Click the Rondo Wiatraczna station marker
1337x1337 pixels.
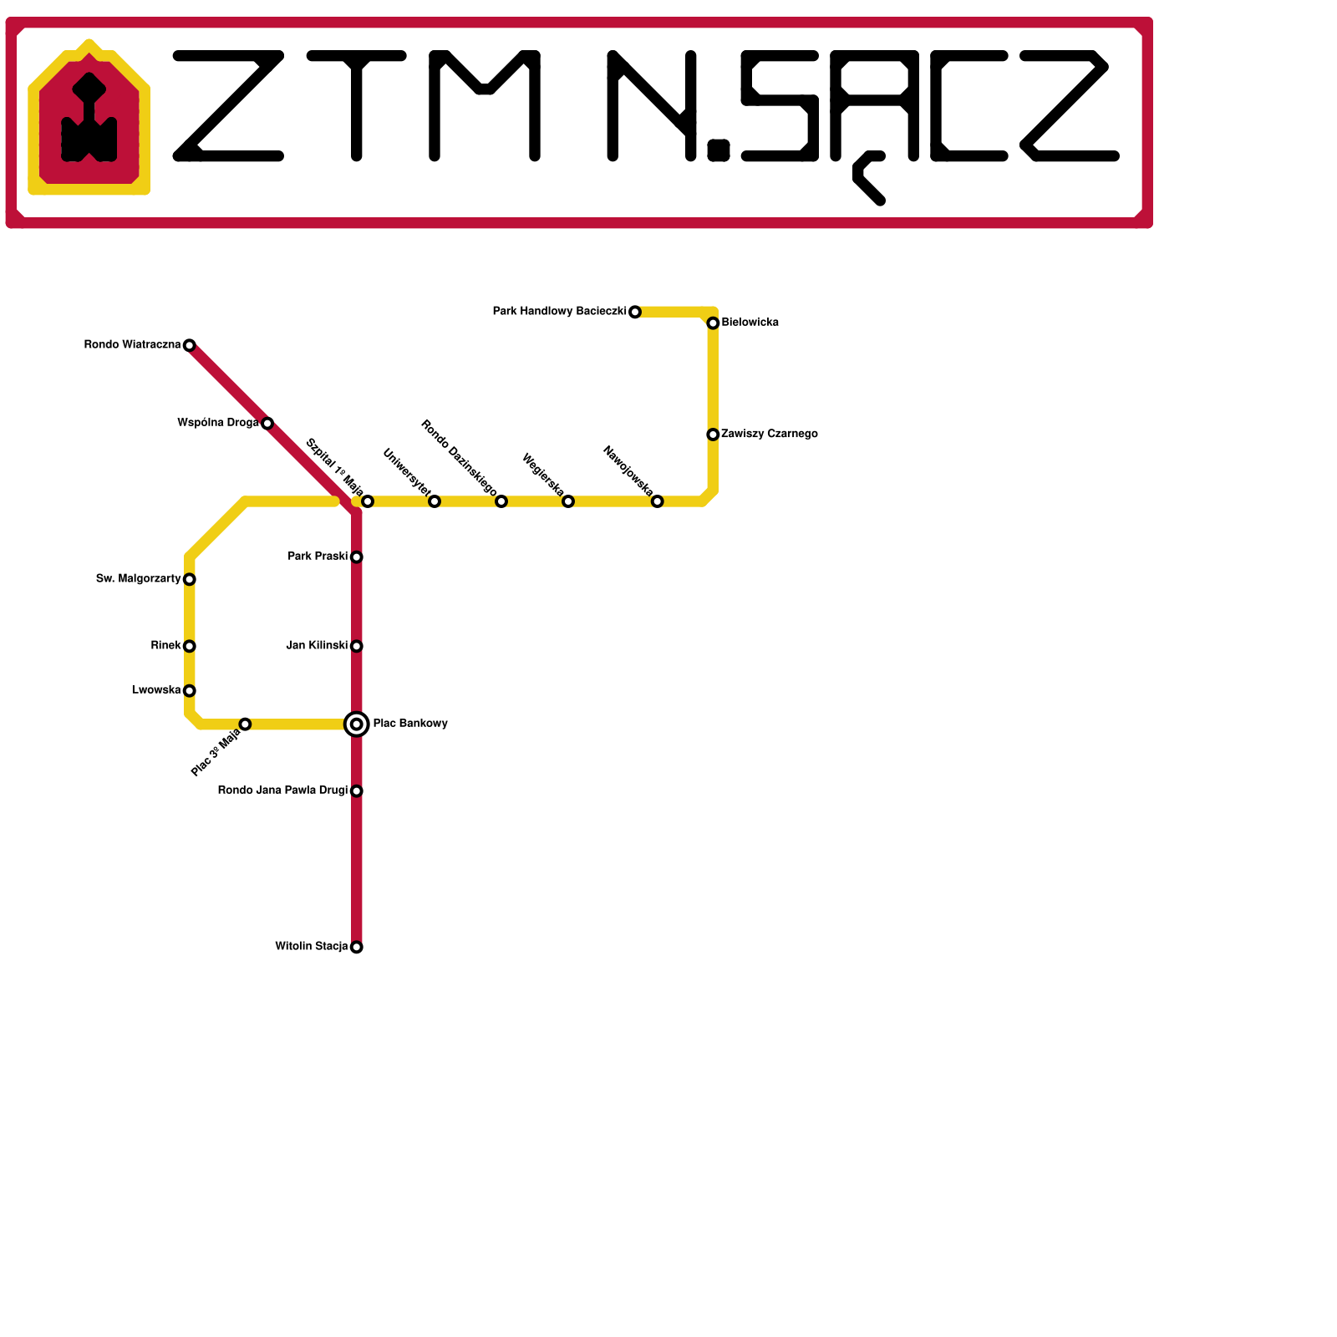coord(190,345)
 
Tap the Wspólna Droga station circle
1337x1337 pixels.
coord(267,423)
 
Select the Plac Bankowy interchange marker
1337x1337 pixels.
coord(357,724)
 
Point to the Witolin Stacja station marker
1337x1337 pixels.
coord(357,947)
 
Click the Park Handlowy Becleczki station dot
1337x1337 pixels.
coord(635,312)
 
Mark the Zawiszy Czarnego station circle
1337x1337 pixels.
coord(713,435)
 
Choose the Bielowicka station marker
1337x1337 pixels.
coord(713,323)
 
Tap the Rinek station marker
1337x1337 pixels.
coord(190,646)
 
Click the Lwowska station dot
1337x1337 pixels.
coord(190,690)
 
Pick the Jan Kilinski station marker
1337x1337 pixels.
coord(357,646)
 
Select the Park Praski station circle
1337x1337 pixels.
coord(357,557)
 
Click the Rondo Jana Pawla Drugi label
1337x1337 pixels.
coord(282,791)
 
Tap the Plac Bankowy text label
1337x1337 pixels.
coord(410,724)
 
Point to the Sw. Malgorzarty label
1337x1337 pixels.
coord(139,579)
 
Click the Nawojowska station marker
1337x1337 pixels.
coord(658,501)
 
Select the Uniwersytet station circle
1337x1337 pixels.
coord(435,501)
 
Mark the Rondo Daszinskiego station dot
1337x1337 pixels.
coord(501,501)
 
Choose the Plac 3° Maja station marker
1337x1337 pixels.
coord(245,724)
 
